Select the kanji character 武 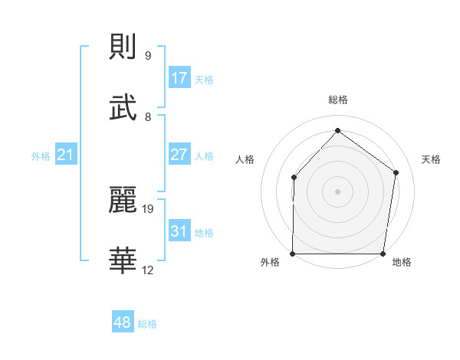[x=123, y=107]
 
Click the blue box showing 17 [x=179, y=77]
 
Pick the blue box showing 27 [x=179, y=155]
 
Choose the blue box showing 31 [x=179, y=231]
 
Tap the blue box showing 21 [x=65, y=155]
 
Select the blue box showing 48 [x=123, y=322]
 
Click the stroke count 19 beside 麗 [x=148, y=208]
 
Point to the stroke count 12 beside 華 [x=148, y=270]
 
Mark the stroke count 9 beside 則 [x=148, y=55]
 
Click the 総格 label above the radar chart [x=337, y=100]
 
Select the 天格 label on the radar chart [x=431, y=159]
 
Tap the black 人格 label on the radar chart [x=245, y=159]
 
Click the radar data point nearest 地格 [x=383, y=254]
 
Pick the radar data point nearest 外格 [x=293, y=254]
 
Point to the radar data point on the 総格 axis [x=337, y=131]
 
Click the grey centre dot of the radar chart [x=337, y=191]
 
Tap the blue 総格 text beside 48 [x=147, y=324]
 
